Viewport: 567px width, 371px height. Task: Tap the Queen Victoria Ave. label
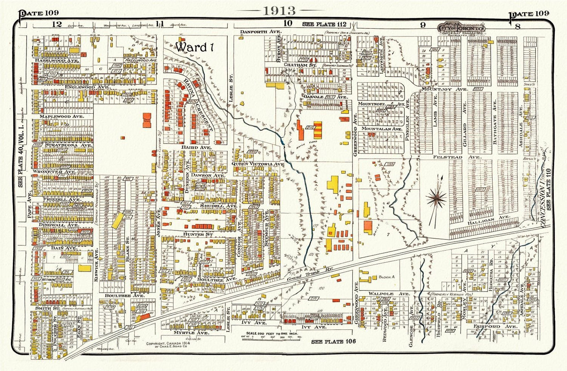[258, 164]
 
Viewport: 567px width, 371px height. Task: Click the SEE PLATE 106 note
[333, 342]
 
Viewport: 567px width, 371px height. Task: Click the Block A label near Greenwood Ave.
[386, 277]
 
